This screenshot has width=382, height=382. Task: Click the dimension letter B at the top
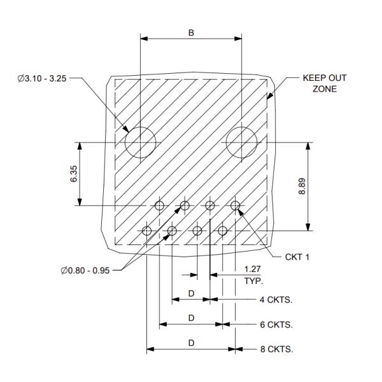point(191,32)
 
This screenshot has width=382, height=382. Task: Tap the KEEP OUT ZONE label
point(325,83)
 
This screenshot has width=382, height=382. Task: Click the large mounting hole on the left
point(140,141)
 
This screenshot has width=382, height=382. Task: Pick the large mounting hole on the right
point(242,141)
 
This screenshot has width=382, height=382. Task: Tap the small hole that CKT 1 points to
point(236,205)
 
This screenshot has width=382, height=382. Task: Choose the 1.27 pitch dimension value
point(253,270)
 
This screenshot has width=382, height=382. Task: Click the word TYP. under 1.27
point(253,280)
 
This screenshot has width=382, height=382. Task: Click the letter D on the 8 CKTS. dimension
point(191,343)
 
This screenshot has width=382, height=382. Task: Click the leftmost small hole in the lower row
point(147,230)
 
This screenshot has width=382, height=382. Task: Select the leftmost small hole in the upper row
point(159,205)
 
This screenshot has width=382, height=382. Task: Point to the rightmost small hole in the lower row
point(223,230)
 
